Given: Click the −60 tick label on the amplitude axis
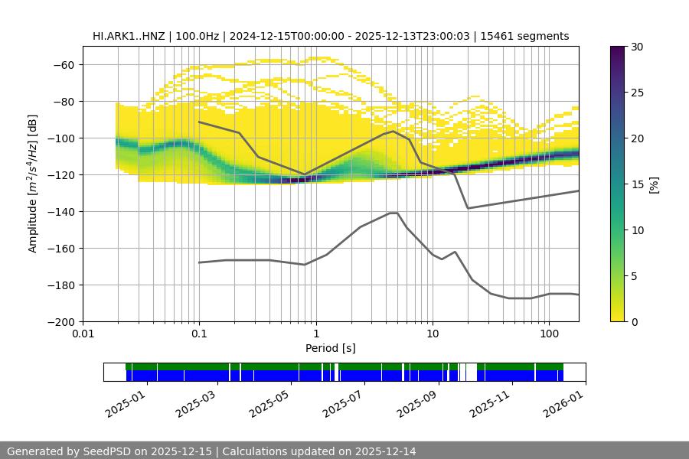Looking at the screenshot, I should point(63,64).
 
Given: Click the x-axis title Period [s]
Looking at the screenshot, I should point(331,348).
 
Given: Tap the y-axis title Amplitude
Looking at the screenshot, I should point(33,184).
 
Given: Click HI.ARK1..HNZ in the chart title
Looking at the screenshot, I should point(129,36).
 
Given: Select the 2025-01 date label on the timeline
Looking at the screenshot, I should point(123,402).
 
